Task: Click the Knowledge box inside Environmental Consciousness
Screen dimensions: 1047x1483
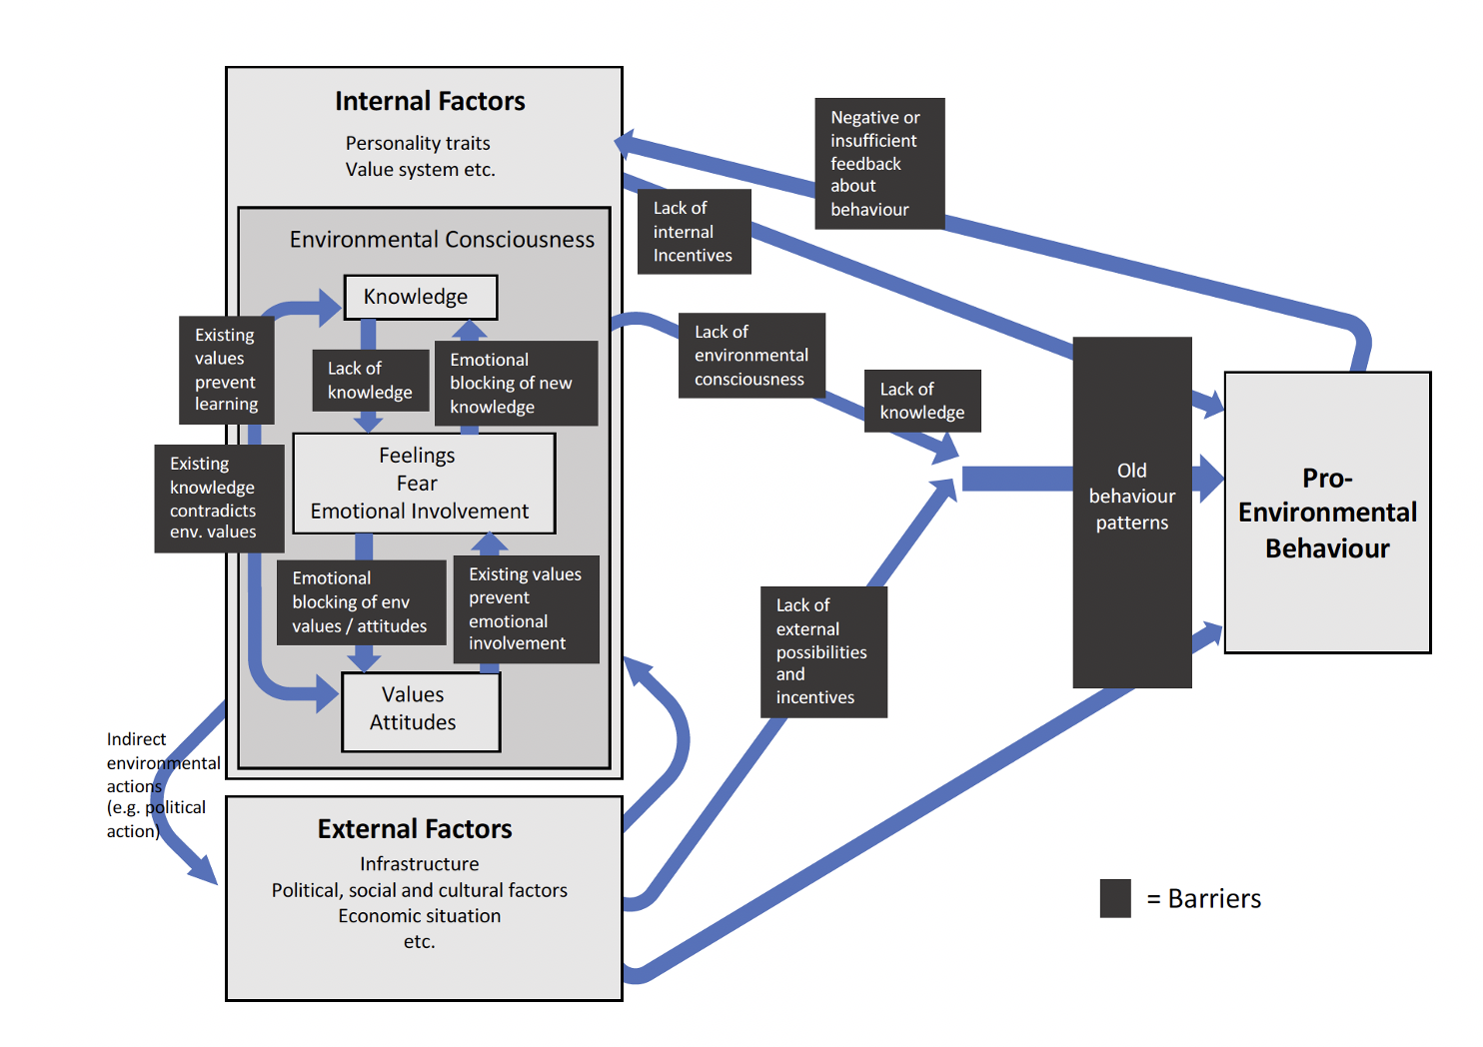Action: pyautogui.click(x=420, y=297)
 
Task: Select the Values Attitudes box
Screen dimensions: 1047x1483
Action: pyautogui.click(x=421, y=710)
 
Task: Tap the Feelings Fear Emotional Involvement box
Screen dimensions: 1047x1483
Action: pyautogui.click(x=423, y=484)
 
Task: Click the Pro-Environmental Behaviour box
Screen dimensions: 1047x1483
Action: pyautogui.click(x=1327, y=513)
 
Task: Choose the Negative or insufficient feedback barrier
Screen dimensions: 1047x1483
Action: pyautogui.click(x=878, y=163)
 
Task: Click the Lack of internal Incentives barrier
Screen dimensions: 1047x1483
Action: pyautogui.click(x=694, y=232)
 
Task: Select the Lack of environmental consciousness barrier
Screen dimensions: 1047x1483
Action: pyautogui.click(x=751, y=356)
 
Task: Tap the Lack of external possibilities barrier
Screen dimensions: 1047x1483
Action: pyautogui.click(x=823, y=651)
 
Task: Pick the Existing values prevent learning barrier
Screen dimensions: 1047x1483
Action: pyautogui.click(x=226, y=370)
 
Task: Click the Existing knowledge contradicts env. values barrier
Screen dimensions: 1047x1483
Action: pyautogui.click(x=218, y=499)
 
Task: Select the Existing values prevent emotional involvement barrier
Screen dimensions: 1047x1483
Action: pyautogui.click(x=526, y=609)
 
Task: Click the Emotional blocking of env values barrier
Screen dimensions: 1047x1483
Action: pyautogui.click(x=361, y=602)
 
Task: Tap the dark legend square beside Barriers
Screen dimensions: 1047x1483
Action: pyautogui.click(x=1115, y=898)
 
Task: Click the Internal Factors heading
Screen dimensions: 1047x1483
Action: pyautogui.click(x=430, y=101)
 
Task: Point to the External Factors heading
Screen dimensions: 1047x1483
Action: pyautogui.click(x=415, y=829)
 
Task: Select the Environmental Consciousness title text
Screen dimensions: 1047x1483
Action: pyautogui.click(x=442, y=240)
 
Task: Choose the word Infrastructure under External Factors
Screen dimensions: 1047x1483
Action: pyautogui.click(x=420, y=864)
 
